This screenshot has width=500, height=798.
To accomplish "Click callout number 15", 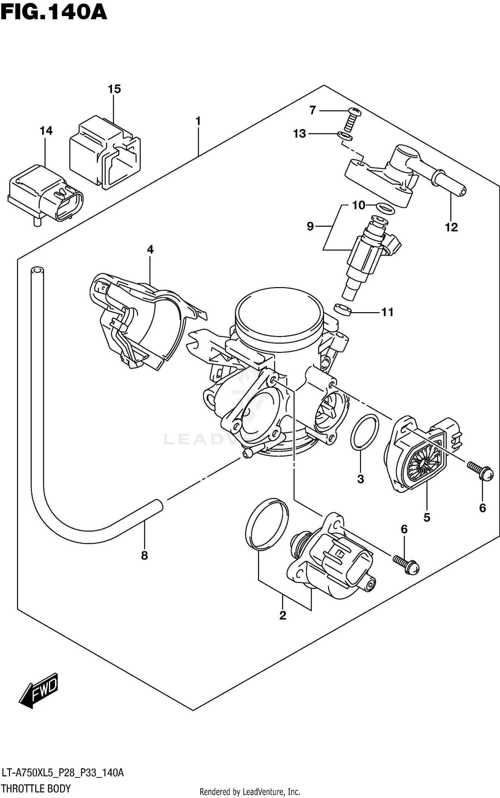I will tap(114, 89).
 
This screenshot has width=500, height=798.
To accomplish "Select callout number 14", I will tap(46, 131).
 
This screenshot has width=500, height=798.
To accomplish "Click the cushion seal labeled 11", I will tap(343, 310).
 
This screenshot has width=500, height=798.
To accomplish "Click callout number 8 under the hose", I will tap(144, 556).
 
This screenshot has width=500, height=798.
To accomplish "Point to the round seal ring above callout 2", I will tap(267, 524).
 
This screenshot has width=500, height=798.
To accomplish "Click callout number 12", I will tap(451, 227).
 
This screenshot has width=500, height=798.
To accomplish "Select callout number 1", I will tap(198, 121).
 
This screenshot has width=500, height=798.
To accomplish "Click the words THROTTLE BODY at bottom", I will tap(36, 789).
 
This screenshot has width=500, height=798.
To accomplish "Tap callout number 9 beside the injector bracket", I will tap(310, 227).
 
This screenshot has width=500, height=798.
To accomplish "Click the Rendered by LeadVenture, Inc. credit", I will tap(250, 792).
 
